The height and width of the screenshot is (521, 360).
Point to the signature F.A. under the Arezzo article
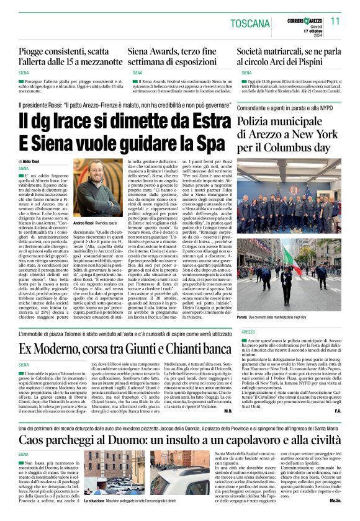[338, 411]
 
